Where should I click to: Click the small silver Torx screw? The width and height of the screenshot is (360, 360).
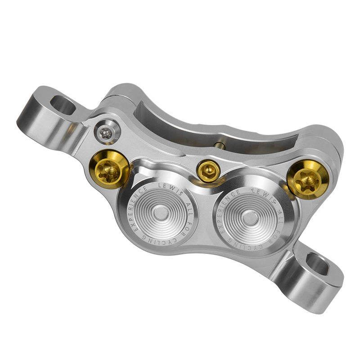click(105, 131)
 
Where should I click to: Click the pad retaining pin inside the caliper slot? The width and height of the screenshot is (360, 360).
click(219, 144)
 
